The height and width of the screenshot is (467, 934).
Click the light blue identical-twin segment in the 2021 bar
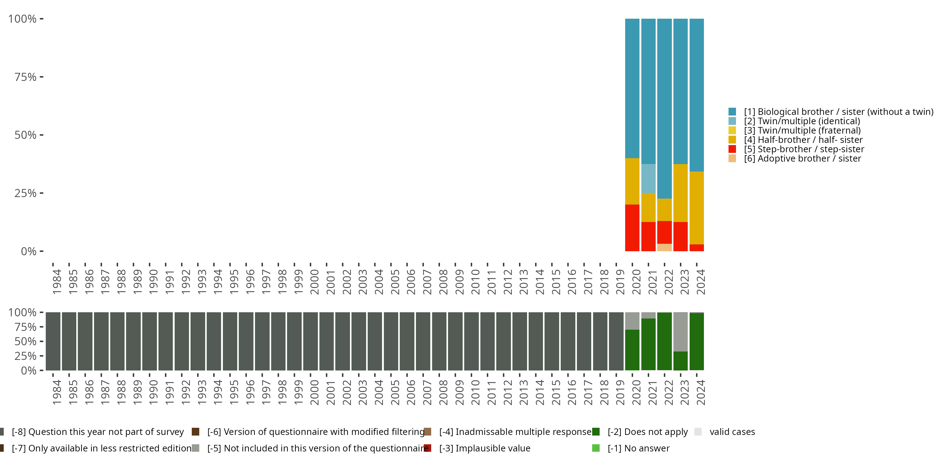(x=648, y=178)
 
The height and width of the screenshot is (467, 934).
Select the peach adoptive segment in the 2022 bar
(x=664, y=247)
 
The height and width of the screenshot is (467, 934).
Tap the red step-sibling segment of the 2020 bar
(x=632, y=228)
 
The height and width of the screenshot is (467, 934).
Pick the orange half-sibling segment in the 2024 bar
(x=696, y=208)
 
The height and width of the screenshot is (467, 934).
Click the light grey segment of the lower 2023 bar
(x=681, y=331)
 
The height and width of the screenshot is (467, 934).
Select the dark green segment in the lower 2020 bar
(x=632, y=350)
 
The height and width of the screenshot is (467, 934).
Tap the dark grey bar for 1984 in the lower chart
(x=53, y=341)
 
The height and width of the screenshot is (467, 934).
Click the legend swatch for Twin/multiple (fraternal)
(x=732, y=130)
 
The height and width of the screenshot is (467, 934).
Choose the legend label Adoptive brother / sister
(x=802, y=158)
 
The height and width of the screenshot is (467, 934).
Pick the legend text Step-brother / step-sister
(x=804, y=149)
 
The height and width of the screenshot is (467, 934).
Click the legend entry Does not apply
(x=648, y=432)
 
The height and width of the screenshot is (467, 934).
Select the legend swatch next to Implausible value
(x=427, y=448)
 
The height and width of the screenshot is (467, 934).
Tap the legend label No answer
(x=639, y=448)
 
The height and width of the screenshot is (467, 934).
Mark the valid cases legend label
(x=732, y=432)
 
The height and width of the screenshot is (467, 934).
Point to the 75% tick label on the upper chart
(x=26, y=77)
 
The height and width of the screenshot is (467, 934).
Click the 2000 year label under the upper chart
(x=314, y=282)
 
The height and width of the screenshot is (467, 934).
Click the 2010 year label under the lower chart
(x=475, y=392)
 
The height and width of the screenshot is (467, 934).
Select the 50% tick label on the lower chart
(x=26, y=341)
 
